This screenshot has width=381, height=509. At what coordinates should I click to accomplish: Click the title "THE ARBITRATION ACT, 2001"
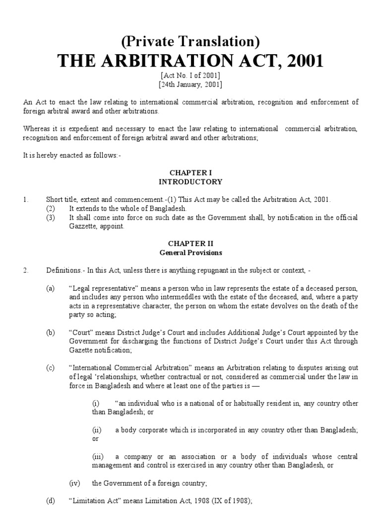[x=190, y=62]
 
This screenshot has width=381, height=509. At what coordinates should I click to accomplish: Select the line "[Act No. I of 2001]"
[x=190, y=76]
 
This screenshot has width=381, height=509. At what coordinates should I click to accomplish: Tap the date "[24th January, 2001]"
[x=190, y=85]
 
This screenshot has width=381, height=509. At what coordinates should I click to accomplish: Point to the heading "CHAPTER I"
[x=190, y=172]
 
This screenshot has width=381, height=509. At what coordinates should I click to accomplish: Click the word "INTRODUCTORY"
[x=190, y=181]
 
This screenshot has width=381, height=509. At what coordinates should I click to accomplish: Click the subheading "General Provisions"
[x=190, y=253]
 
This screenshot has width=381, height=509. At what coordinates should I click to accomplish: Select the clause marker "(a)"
[x=50, y=288]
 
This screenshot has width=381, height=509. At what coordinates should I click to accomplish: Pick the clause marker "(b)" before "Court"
[x=50, y=333]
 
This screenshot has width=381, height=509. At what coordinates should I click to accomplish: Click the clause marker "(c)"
[x=50, y=368]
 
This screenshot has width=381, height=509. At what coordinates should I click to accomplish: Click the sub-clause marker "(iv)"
[x=74, y=483]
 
